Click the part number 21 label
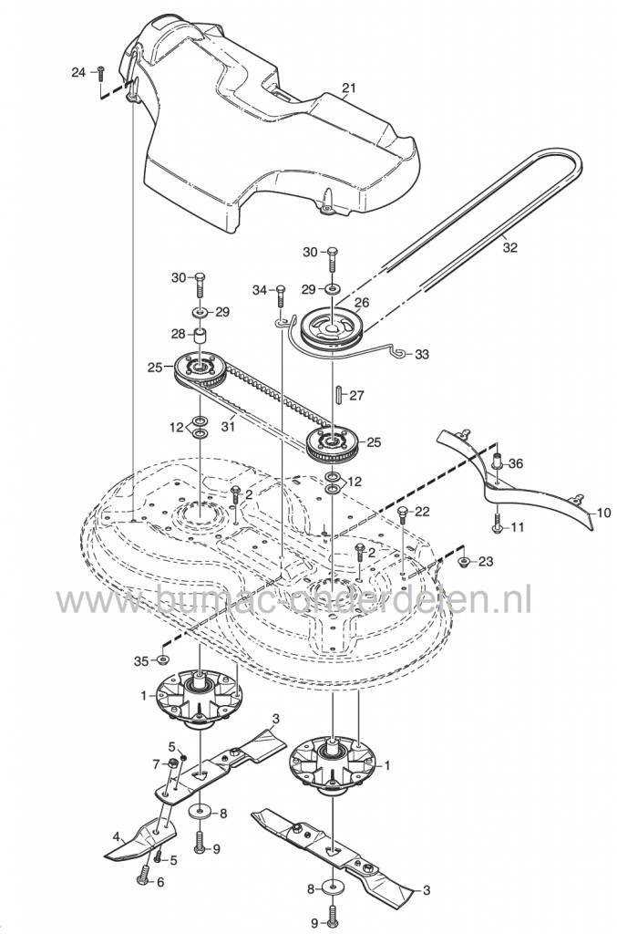(348, 88)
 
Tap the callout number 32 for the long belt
(509, 246)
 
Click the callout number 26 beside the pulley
(361, 303)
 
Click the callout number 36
(516, 463)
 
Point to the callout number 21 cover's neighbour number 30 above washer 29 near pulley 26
(310, 251)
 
